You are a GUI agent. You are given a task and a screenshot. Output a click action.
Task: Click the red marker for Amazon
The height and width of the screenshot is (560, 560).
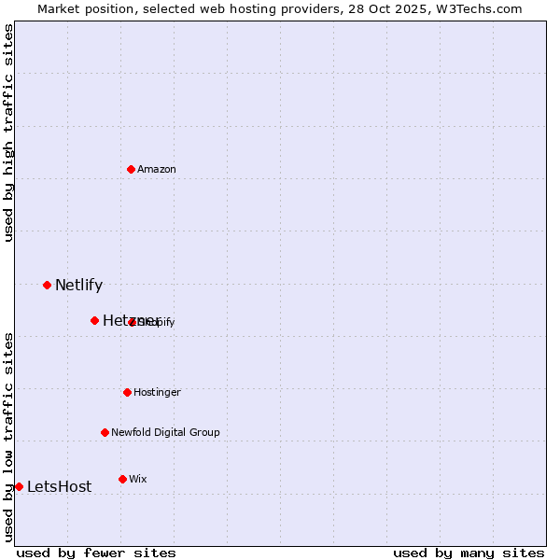131,169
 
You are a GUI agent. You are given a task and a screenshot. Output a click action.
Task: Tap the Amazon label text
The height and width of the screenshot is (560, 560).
157,170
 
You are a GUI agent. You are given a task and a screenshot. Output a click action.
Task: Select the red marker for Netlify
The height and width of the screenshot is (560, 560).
47,285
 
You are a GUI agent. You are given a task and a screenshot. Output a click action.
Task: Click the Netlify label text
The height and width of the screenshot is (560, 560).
78,286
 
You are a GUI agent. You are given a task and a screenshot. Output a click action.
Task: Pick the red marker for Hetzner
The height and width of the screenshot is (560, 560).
94,320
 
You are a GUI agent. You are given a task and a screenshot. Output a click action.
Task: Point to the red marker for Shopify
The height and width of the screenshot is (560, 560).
133,322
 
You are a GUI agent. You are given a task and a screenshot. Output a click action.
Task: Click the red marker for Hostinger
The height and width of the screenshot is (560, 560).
127,392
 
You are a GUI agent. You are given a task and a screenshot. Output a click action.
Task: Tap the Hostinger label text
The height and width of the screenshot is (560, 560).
157,393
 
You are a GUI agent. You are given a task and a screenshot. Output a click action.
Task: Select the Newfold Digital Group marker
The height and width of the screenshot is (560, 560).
105,432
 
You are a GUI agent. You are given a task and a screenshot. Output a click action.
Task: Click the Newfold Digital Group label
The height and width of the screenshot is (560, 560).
165,433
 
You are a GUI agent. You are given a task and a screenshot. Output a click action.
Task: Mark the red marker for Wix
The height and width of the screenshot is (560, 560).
122,479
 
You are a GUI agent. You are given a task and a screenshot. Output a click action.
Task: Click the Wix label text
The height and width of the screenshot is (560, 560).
138,480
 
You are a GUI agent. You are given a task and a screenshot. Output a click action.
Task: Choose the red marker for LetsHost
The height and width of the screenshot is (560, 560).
19,486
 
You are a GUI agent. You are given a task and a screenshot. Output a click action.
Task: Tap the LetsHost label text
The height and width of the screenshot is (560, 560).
59,487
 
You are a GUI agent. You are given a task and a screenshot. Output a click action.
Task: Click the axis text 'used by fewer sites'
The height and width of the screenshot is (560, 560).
96,553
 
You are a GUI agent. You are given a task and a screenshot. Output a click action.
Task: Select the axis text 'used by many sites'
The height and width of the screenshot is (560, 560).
469,553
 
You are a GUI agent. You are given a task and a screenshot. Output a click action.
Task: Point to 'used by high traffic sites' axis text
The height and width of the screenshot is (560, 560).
9,133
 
